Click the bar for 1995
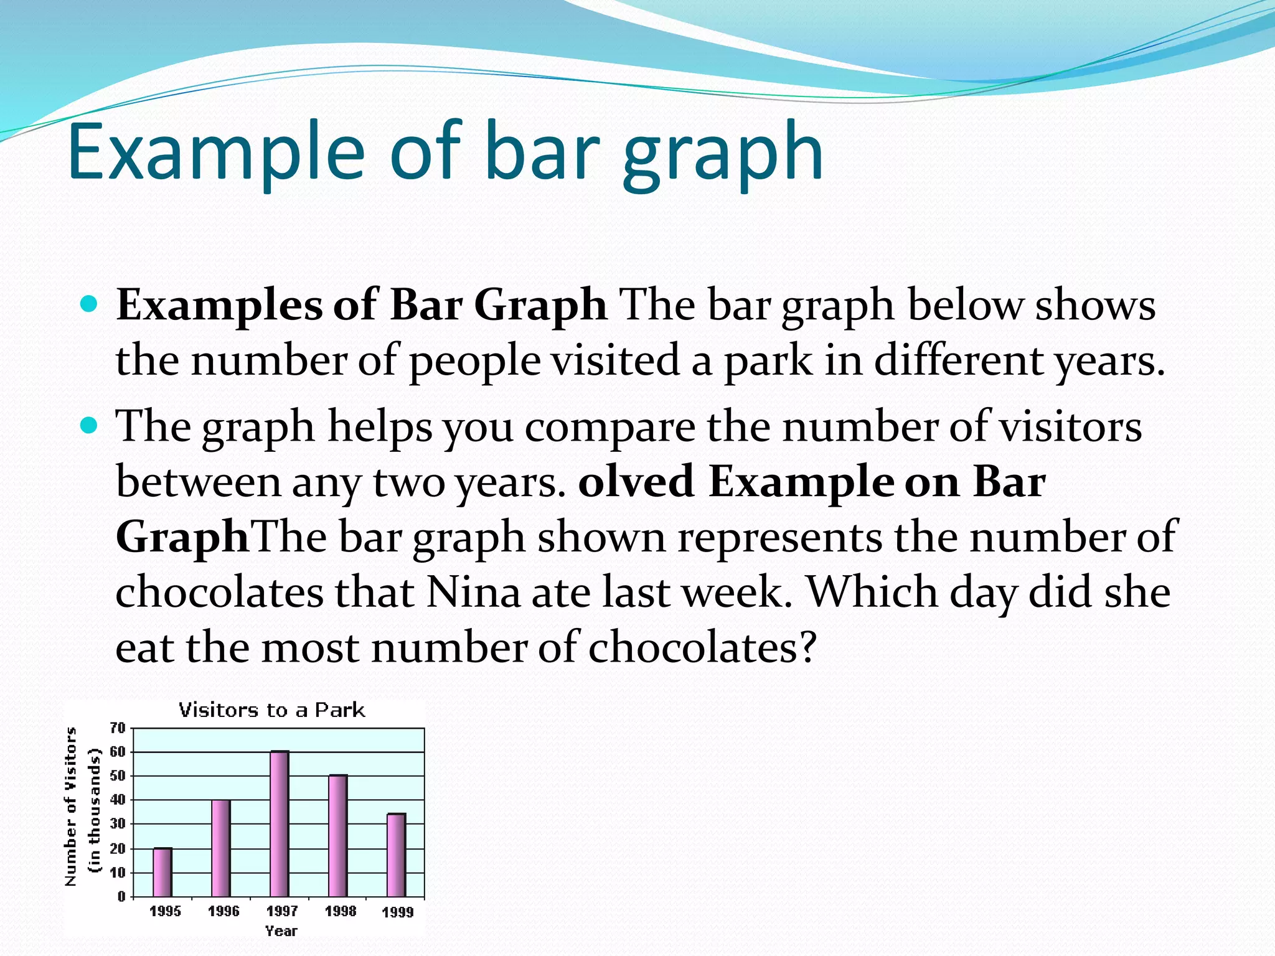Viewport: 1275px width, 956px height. tap(162, 872)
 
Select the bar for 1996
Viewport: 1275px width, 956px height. tap(221, 848)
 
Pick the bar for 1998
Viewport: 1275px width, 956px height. tap(338, 835)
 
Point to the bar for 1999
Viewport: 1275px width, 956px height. tap(397, 855)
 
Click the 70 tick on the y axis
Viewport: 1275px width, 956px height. tap(118, 728)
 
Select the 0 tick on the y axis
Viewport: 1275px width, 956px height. tap(121, 896)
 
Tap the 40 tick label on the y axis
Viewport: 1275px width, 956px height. tap(118, 800)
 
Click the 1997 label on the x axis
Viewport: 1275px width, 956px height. tap(282, 911)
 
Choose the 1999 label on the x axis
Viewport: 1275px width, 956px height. tap(397, 912)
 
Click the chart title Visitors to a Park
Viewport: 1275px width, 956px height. tap(272, 710)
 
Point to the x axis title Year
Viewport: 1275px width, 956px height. tap(281, 931)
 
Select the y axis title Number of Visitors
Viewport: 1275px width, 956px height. tap(71, 806)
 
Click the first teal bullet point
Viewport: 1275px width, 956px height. tap(90, 305)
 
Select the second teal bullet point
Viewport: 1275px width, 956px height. tap(90, 426)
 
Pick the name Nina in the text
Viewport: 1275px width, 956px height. tap(473, 592)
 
